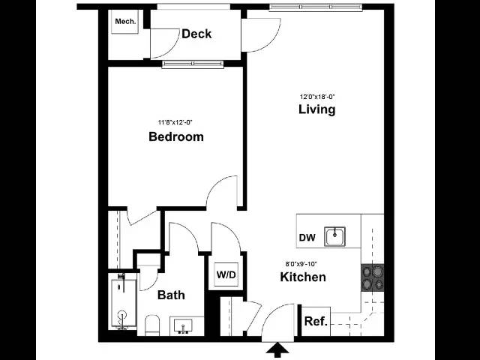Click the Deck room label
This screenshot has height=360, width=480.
click(196, 34)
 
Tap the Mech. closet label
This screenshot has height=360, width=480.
click(125, 22)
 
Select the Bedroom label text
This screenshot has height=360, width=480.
click(176, 136)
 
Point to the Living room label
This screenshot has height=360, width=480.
click(316, 109)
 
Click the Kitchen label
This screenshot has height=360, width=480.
click(303, 277)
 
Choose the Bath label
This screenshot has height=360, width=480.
click(171, 295)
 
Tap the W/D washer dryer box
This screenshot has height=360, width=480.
click(226, 274)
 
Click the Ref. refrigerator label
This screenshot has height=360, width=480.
click(316, 322)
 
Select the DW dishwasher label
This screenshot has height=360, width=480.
click(307, 238)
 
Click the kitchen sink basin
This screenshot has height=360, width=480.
click(335, 236)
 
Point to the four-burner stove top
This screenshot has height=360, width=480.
click(373, 277)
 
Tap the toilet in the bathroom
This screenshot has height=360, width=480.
click(152, 325)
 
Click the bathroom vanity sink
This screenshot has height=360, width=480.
click(183, 326)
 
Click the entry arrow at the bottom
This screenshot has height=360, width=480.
click(277, 350)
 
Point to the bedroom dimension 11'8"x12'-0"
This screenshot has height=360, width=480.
click(175, 122)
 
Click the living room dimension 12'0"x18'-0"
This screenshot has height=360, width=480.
click(317, 97)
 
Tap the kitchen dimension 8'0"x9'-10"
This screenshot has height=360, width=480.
click(301, 263)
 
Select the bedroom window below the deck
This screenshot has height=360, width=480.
click(193, 64)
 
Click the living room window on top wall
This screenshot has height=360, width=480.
click(316, 7)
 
